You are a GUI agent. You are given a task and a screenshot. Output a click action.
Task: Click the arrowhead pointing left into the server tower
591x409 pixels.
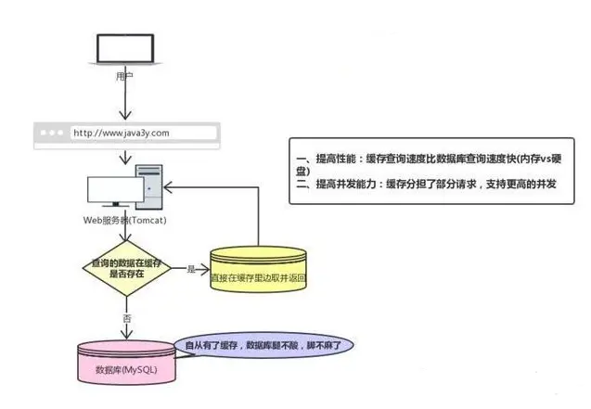click(x=170, y=184)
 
